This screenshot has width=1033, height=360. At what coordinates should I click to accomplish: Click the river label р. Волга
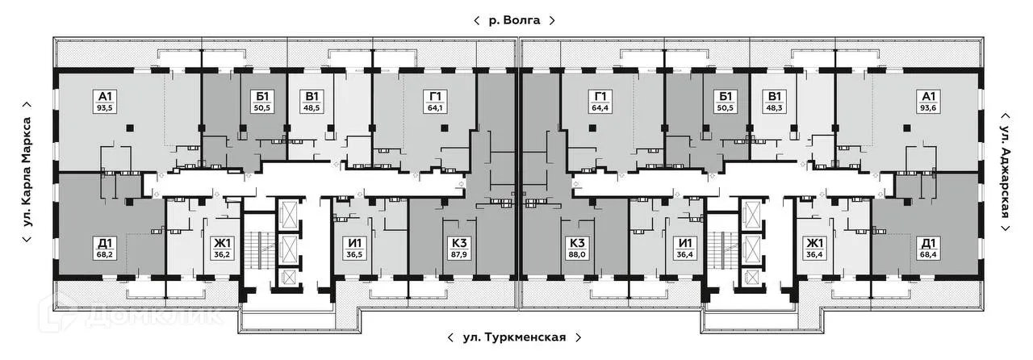click(516, 19)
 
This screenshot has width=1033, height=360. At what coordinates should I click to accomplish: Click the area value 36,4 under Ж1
click(813, 253)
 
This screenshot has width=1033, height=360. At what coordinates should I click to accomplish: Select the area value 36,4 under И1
click(686, 253)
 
